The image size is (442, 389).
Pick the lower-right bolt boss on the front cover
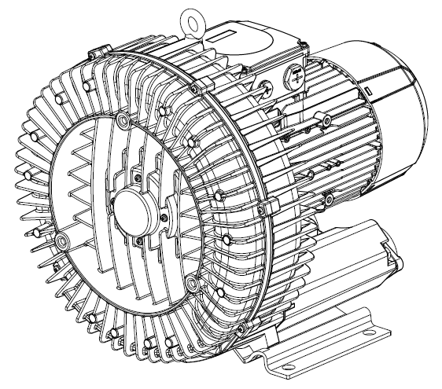[x=193, y=281]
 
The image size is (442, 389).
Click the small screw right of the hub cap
[x=163, y=218]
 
